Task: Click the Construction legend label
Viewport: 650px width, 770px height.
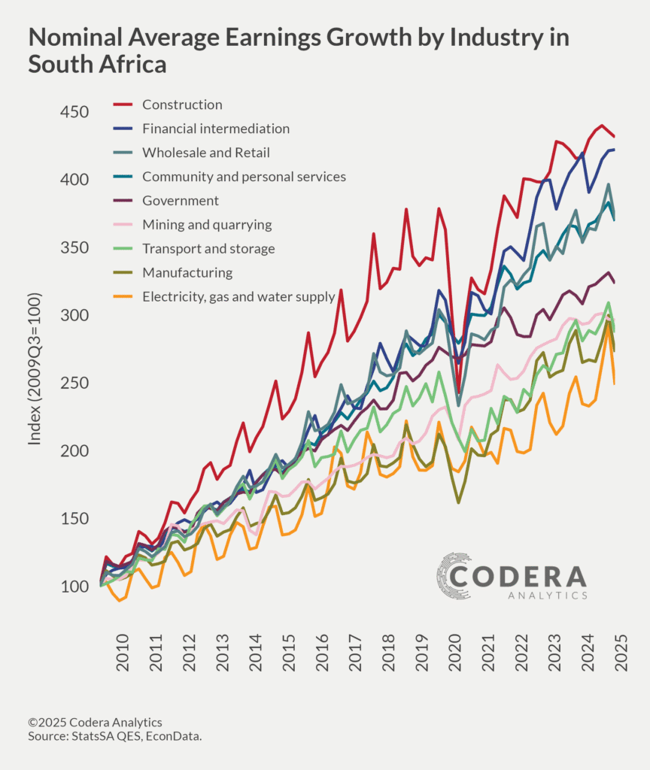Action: (x=182, y=105)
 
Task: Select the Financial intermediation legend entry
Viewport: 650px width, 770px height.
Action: (x=216, y=129)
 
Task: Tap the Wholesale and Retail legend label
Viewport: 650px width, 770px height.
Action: (x=205, y=153)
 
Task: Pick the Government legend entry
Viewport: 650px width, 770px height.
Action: (x=181, y=201)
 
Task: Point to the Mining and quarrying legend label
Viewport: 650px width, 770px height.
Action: (x=207, y=225)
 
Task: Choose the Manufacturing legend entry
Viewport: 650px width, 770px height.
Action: (x=187, y=273)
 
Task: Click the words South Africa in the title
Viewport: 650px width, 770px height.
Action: (x=97, y=65)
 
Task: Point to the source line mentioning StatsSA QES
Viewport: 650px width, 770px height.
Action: (x=114, y=735)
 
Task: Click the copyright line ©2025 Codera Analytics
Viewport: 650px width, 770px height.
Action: (x=95, y=723)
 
